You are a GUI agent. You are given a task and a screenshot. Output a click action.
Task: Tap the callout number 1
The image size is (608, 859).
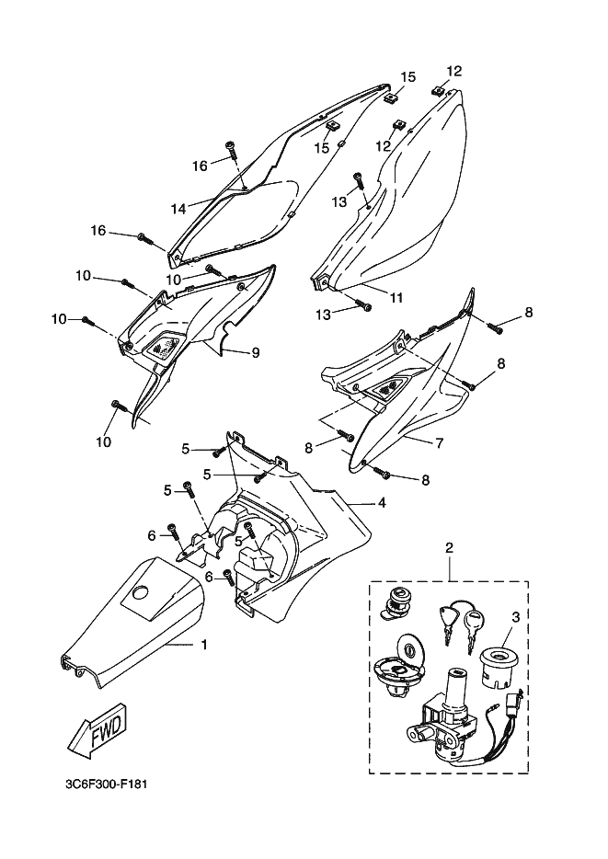pos(204,646)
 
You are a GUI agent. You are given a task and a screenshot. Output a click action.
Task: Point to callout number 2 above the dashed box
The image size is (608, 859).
pos(449,546)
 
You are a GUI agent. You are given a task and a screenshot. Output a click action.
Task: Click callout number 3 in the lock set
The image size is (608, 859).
pos(515,617)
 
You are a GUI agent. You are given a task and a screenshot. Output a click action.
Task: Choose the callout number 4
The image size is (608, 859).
pos(382,502)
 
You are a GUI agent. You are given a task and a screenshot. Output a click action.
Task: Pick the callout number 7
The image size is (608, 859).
pos(440,442)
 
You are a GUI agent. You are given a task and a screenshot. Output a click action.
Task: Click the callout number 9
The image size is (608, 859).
pos(256,353)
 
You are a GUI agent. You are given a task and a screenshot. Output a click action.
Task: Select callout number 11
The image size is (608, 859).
pos(396,297)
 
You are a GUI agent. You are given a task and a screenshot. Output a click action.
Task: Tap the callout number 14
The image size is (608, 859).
pos(178,209)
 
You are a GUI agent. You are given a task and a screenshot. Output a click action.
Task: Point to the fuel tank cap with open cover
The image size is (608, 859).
pos(399,664)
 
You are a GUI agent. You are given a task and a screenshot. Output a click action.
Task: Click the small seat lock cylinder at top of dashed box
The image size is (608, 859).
pos(397,602)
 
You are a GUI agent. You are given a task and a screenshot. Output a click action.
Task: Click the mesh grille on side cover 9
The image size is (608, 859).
pos(162,348)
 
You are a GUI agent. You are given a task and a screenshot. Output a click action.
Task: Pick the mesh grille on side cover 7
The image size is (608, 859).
pos(388,388)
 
